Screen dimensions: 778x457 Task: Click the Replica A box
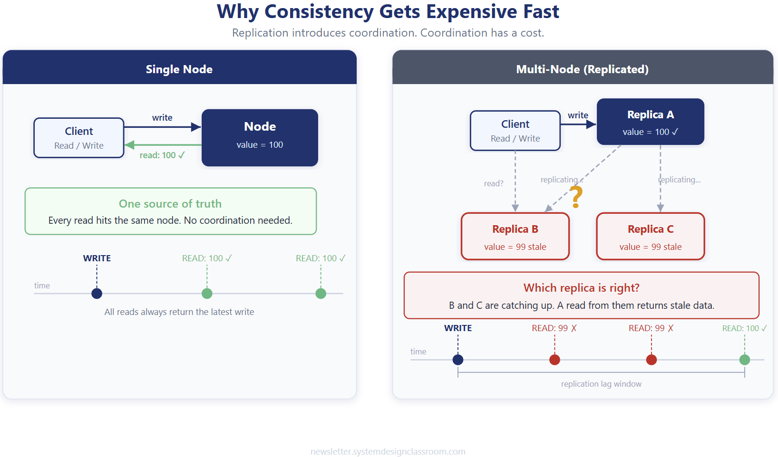click(650, 122)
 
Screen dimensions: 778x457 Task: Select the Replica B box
click(515, 236)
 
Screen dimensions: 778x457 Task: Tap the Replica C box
click(650, 236)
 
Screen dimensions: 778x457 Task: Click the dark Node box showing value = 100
click(260, 137)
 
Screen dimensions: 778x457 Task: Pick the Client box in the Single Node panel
click(79, 138)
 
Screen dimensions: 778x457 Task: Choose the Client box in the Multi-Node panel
click(515, 131)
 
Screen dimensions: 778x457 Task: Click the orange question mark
click(576, 197)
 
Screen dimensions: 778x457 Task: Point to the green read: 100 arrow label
click(162, 155)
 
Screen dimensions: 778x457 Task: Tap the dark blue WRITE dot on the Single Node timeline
click(97, 294)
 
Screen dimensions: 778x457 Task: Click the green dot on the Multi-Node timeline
click(745, 360)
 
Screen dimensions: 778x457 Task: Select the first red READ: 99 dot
click(554, 360)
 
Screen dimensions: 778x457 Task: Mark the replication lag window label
click(601, 384)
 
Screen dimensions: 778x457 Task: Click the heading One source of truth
click(170, 204)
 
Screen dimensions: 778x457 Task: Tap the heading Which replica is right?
click(581, 288)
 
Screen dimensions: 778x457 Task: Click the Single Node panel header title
click(179, 69)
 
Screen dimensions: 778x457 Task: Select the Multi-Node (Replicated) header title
click(582, 69)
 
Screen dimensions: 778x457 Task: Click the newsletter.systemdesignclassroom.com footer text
click(388, 451)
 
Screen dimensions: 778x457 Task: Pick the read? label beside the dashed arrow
click(494, 183)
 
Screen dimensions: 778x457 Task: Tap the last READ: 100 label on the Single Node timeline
click(321, 258)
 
